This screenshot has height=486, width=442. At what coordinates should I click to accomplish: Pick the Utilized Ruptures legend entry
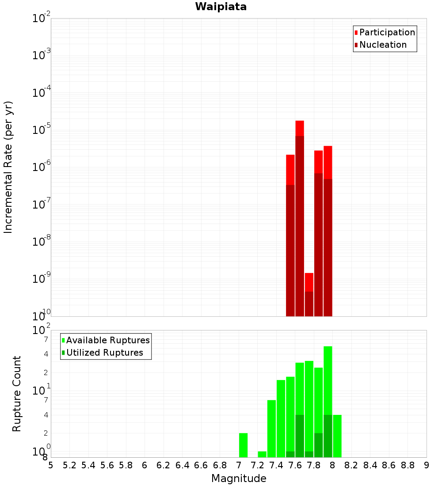coord(104,353)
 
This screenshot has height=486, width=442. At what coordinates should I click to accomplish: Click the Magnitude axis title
coord(239,478)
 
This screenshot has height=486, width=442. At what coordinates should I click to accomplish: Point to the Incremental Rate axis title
coord(9,167)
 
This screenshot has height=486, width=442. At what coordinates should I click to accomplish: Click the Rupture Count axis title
coord(17,394)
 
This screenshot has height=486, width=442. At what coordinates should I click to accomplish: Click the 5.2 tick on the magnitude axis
coord(69,465)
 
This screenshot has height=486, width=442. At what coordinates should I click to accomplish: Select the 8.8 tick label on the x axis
coord(408,465)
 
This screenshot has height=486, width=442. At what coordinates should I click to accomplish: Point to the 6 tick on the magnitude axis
coord(145,465)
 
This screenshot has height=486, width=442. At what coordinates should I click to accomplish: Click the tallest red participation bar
coord(300,128)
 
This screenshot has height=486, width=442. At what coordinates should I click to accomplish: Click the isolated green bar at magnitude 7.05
coord(243,445)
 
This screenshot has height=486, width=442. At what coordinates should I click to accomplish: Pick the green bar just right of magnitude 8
coord(337,436)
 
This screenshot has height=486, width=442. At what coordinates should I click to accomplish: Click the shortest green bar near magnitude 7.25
coord(262,454)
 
